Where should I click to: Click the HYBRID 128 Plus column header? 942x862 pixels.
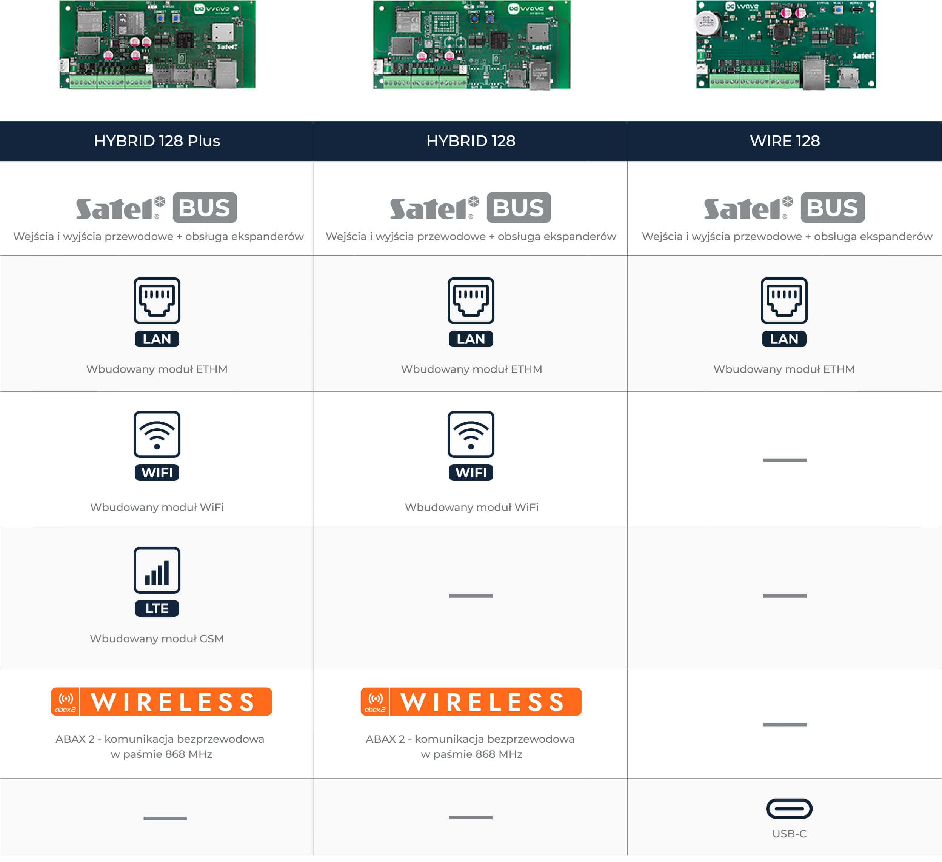[x=157, y=141]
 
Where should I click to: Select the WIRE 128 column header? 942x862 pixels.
[x=785, y=141]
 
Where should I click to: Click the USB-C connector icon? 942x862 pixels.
[x=789, y=809]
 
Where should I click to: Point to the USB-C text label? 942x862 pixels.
[x=789, y=834]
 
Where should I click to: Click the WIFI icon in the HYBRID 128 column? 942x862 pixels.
[x=471, y=446]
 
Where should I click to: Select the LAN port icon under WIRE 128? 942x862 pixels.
[x=784, y=312]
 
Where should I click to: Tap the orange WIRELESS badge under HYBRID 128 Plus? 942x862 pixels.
[x=161, y=701]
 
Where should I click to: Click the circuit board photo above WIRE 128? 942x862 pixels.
[x=786, y=45]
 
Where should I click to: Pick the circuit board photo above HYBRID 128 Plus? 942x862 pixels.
[x=157, y=45]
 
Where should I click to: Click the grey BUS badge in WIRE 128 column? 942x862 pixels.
[x=833, y=208]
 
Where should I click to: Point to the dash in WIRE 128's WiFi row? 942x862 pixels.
[x=785, y=460]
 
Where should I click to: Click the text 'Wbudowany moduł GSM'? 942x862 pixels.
[x=157, y=639]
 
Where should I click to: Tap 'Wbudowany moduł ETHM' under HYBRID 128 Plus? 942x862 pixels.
[x=157, y=369]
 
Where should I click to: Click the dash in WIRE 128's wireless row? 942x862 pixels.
[x=785, y=725]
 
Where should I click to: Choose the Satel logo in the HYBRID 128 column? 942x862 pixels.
[x=434, y=208]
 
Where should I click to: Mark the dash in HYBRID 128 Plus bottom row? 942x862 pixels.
[x=165, y=818]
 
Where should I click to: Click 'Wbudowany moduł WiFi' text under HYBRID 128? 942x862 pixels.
[x=471, y=507]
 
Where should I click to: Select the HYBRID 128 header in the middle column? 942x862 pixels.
[x=471, y=141]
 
